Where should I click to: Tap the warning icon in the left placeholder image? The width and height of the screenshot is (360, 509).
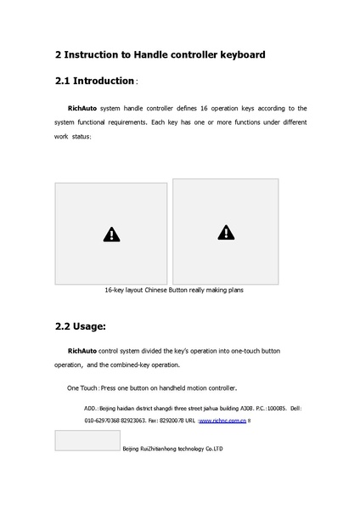(x=111, y=235)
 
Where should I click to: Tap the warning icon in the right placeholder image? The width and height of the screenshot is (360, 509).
(x=225, y=231)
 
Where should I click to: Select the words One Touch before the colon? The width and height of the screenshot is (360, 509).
(x=82, y=387)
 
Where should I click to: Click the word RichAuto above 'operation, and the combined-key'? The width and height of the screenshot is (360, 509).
(x=82, y=350)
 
